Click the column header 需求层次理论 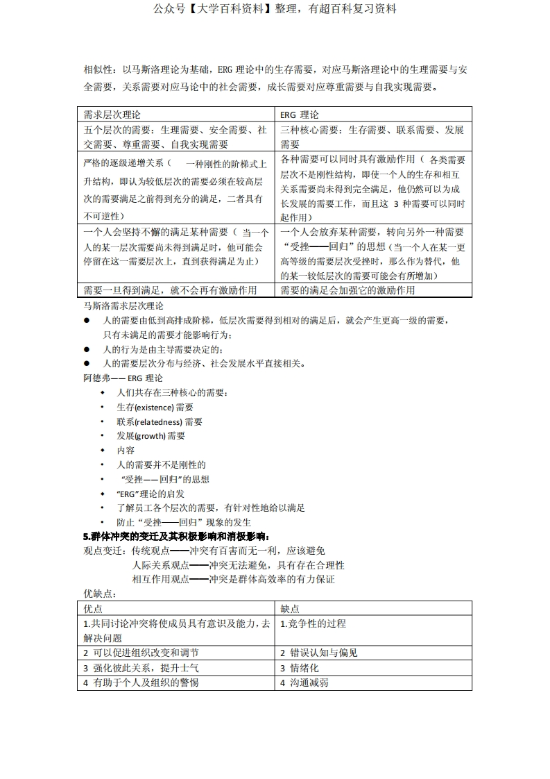tap(112, 115)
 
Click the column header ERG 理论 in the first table tap(300, 115)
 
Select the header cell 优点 tap(93, 608)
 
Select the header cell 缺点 tap(290, 608)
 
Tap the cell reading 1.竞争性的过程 tap(313, 623)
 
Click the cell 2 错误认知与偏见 tap(319, 653)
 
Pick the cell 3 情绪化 tap(300, 668)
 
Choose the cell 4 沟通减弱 tap(304, 682)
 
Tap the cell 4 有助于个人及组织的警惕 tap(141, 682)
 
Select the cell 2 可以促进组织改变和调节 tap(141, 653)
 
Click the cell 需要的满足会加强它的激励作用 tap(347, 290)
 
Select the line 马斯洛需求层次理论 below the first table tap(123, 305)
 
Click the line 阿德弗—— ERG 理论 tap(123, 378)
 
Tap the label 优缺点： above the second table tap(100, 594)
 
